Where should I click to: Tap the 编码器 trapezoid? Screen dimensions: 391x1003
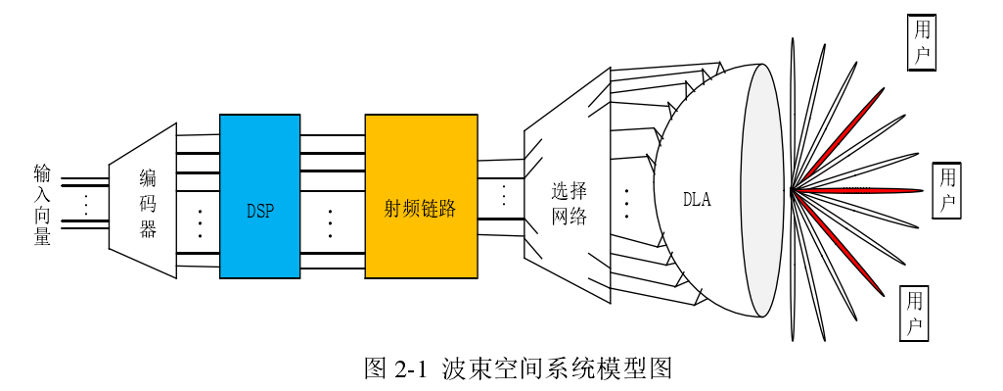[145, 201]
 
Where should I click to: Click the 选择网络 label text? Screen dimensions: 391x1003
[568, 203]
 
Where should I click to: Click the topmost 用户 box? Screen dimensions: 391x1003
[921, 43]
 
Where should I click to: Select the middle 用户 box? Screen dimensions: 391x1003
[947, 190]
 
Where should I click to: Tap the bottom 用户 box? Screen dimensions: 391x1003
[914, 314]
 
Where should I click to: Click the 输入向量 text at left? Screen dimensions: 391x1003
[42, 204]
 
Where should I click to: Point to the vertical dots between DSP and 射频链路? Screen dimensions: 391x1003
[330, 223]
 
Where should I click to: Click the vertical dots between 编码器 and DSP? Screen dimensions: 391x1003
[200, 223]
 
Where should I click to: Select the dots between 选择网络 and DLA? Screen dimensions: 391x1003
[626, 203]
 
